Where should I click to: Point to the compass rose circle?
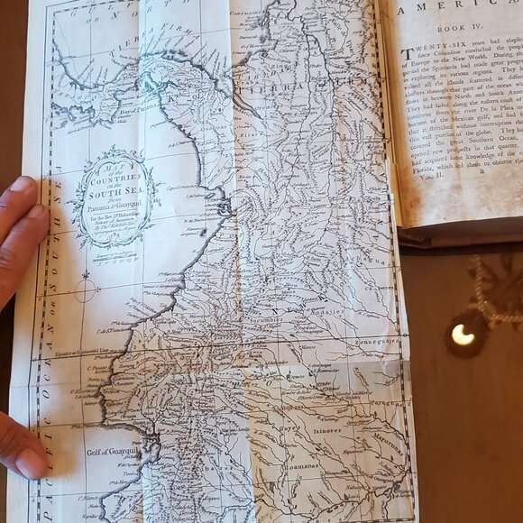[x=86, y=289]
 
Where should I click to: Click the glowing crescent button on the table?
[x=463, y=335]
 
